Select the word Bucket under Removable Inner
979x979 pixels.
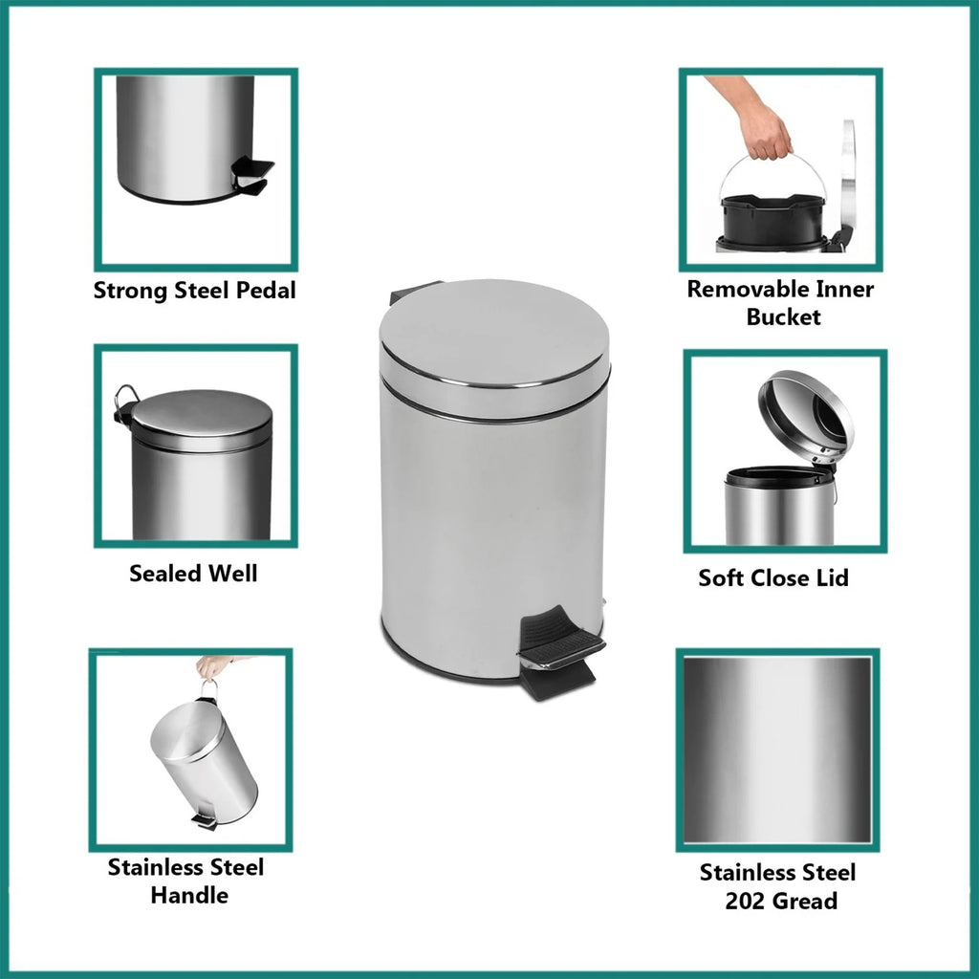[784, 316]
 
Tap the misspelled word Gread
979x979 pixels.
[805, 901]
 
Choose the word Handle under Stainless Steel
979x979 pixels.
[190, 895]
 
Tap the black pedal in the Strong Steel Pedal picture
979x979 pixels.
[252, 176]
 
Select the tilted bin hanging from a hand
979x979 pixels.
[205, 759]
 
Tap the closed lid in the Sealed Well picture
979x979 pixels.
[201, 420]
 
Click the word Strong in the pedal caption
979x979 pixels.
[130, 291]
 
